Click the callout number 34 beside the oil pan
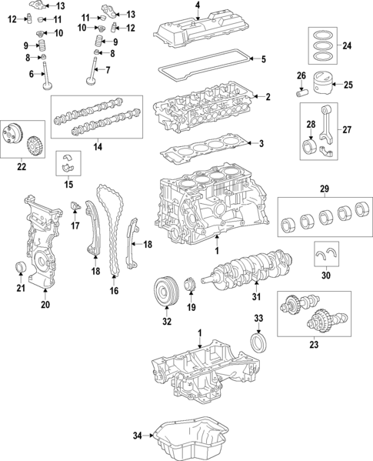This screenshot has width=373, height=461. tap(138, 436)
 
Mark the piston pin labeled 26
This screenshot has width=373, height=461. tap(301, 90)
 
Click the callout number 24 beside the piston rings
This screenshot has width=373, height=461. tap(347, 46)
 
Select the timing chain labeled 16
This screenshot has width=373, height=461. tap(114, 231)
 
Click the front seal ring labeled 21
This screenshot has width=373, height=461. tap(22, 268)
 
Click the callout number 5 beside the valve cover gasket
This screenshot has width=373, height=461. tap(264, 59)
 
